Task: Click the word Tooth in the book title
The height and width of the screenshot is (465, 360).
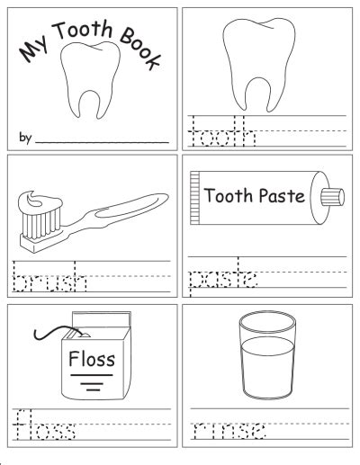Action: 83,30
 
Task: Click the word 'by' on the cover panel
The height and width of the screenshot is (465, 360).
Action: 25,138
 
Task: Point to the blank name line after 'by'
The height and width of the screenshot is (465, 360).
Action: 102,142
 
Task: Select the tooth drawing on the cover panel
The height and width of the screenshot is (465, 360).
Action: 90,79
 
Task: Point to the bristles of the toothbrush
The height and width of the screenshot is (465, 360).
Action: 41,223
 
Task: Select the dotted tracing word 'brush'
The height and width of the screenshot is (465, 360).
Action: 49,277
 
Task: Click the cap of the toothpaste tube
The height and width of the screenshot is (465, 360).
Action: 332,197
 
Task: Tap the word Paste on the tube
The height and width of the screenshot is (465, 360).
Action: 282,196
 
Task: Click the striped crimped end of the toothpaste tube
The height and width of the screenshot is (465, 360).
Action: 194,198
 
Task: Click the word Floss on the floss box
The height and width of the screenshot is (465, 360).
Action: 92,359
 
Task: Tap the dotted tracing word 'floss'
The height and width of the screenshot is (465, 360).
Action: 44,425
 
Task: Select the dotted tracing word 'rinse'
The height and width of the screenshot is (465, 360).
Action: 229,430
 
